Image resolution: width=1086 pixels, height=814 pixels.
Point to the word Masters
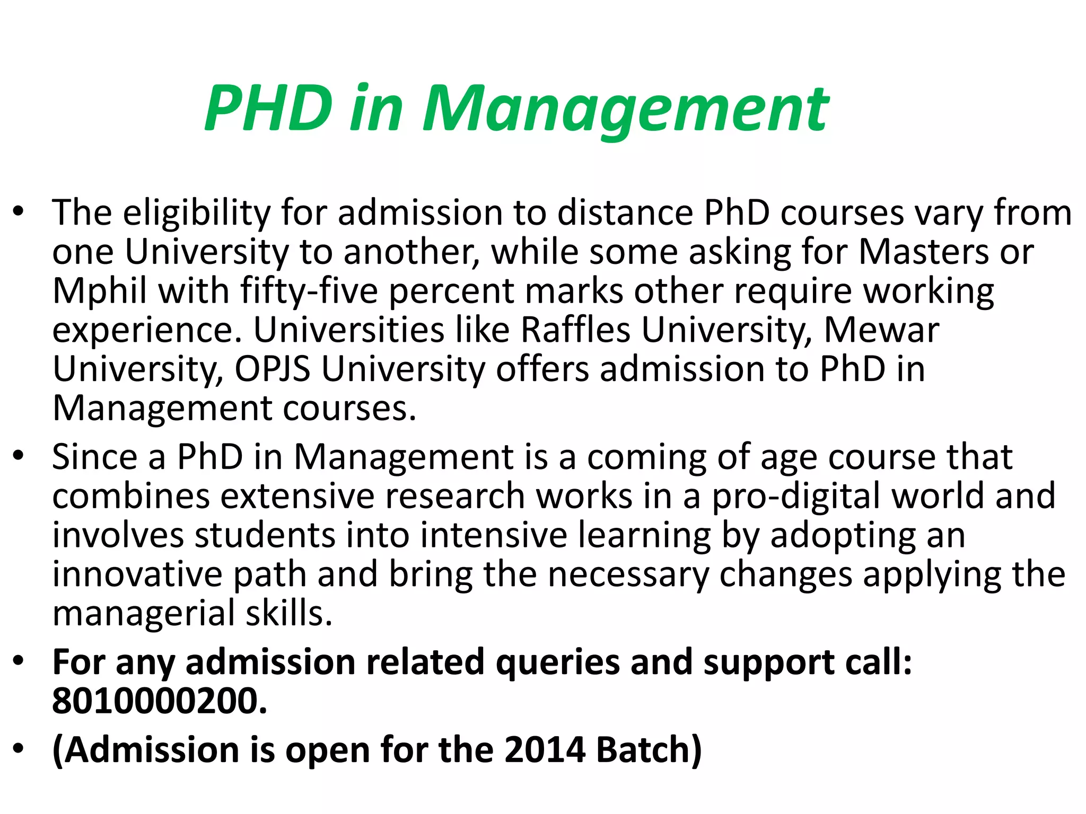coord(923,251)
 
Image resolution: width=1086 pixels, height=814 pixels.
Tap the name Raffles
coord(575,330)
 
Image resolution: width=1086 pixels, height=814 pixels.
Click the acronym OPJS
coord(273,369)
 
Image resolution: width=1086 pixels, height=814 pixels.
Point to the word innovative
coord(137,574)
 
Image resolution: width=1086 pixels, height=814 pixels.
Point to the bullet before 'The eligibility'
coord(19,212)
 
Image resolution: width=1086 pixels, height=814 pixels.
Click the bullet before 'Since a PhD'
coord(19,456)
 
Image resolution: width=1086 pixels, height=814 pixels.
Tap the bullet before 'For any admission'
coord(19,661)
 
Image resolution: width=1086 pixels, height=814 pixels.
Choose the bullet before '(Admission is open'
coord(19,749)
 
